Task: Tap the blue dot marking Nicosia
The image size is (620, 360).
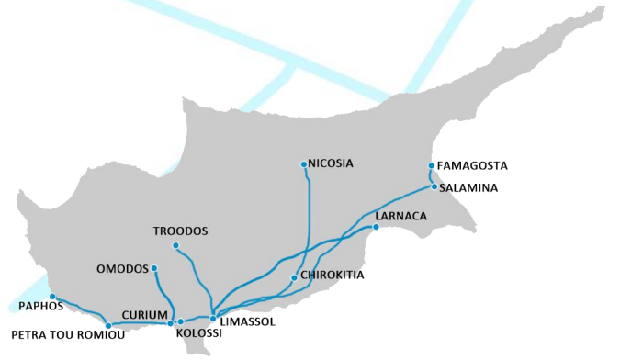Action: pos(304,164)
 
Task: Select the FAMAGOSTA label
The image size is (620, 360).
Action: pos(472,166)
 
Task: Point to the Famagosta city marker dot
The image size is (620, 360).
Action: pos(431,166)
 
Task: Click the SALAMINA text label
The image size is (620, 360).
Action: pos(468,187)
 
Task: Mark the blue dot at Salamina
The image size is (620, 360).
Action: pos(434,186)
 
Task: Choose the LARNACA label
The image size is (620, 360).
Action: pos(401,216)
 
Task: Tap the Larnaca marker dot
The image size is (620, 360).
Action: pos(376,227)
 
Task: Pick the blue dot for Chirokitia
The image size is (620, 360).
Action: pos(293,277)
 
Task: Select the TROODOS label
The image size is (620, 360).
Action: pos(181,231)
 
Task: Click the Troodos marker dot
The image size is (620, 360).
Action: pos(175,245)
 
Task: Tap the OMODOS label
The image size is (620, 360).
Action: pos(122,269)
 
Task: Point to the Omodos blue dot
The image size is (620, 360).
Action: pos(154,268)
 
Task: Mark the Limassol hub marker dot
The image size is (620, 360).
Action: pos(213,319)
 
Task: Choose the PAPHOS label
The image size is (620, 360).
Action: pos(40,306)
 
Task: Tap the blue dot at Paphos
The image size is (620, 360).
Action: pos(52,297)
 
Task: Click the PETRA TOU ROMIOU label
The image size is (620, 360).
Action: pos(56,335)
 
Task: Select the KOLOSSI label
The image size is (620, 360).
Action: pos(198,333)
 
